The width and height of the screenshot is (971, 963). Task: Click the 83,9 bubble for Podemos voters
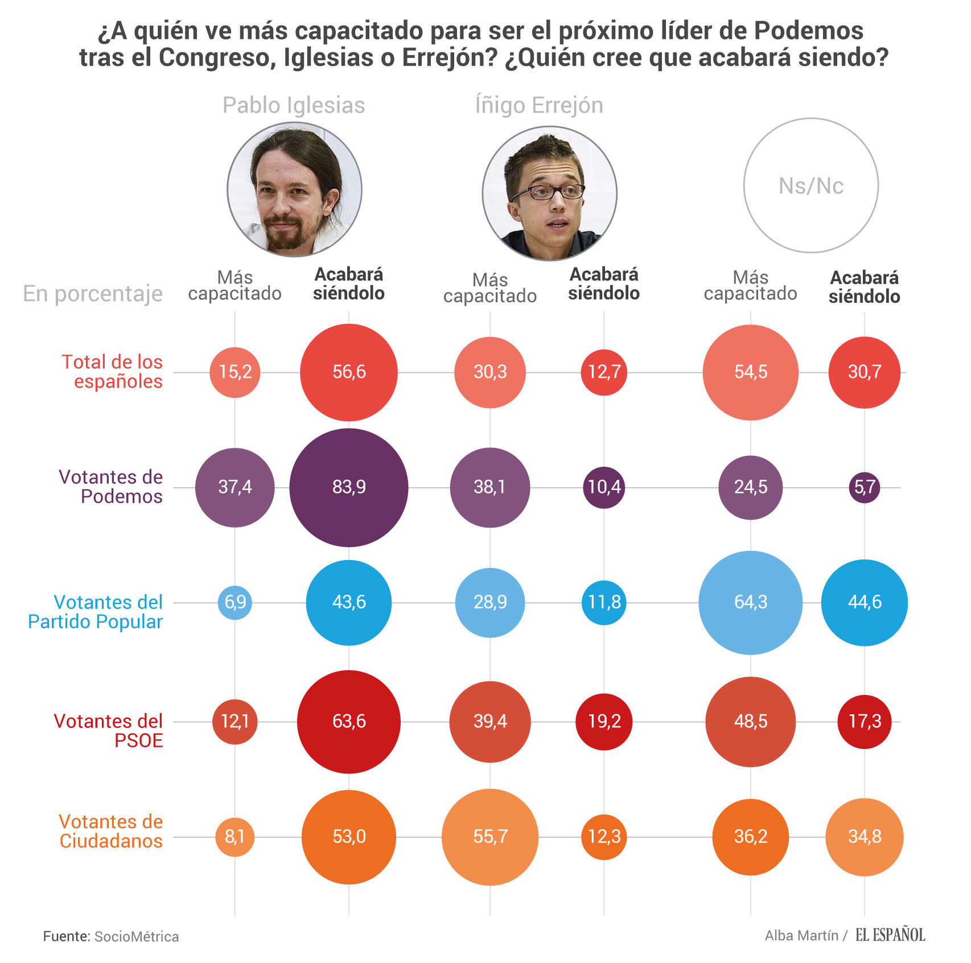point(349,487)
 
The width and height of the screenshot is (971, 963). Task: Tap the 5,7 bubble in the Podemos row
point(864,487)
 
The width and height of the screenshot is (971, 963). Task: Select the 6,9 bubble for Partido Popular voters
point(235,602)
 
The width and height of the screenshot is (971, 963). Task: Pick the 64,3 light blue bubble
point(750,602)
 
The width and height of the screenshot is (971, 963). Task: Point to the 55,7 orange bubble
point(490,837)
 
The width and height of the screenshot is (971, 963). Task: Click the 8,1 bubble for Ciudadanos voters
point(235,837)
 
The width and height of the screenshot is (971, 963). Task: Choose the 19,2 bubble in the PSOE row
point(604,722)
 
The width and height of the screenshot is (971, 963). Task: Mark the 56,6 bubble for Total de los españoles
point(349,372)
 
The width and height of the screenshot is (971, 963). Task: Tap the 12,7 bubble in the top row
point(604,372)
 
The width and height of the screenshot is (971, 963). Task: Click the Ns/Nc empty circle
point(810,186)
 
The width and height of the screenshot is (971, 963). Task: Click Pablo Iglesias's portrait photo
point(294,190)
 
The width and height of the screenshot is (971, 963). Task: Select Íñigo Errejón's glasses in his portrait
point(548,192)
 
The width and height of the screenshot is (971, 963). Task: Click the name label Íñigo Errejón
point(538,105)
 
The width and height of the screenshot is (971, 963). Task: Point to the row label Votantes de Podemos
point(111,487)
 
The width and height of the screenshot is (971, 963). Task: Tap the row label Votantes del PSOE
point(109,730)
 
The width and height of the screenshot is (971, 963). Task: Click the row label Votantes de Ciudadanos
point(111,831)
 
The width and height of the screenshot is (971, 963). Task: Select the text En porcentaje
point(93,294)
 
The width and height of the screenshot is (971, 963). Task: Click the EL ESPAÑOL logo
point(890,935)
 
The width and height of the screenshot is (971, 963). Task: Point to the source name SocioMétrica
point(137,937)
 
